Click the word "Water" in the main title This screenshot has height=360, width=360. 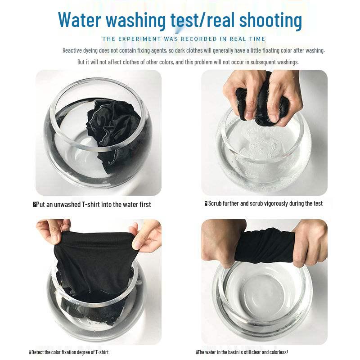[x=80, y=19]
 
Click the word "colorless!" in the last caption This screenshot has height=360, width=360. [x=279, y=352]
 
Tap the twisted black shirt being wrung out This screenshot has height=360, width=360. [x=265, y=247]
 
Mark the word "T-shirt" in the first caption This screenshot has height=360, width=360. [x=91, y=205]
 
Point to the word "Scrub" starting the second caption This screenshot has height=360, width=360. [x=215, y=204]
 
